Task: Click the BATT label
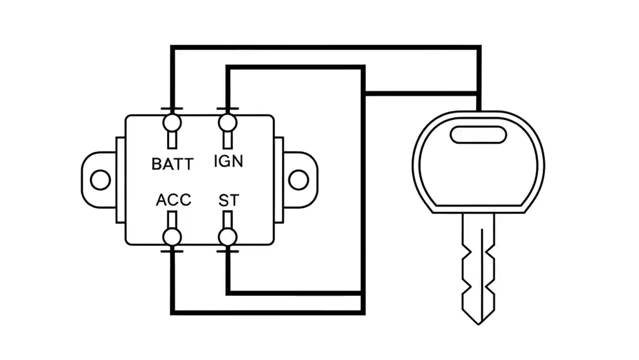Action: [172, 163]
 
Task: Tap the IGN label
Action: [228, 161]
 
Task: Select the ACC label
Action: [173, 200]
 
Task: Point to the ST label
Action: [229, 200]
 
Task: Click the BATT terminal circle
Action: [172, 122]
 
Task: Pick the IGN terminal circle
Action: [228, 122]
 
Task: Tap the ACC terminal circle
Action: [172, 236]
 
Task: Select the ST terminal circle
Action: [228, 236]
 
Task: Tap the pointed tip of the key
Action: [479, 322]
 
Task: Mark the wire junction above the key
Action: [479, 93]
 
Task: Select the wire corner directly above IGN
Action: [228, 67]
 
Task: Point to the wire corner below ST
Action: [228, 292]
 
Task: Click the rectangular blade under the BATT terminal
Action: [172, 139]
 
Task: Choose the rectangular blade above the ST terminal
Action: [228, 219]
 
